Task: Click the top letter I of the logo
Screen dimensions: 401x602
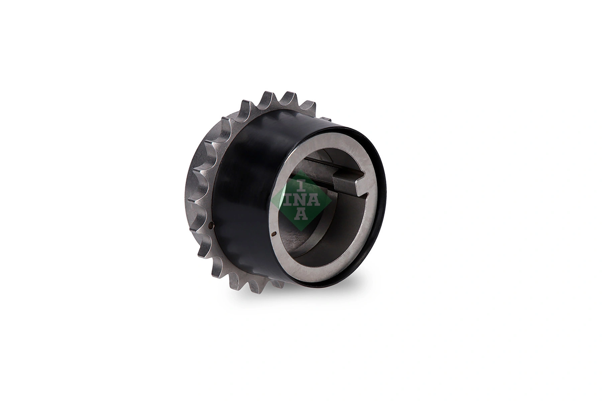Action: click(x=301, y=185)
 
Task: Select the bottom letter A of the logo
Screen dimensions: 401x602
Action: click(x=301, y=214)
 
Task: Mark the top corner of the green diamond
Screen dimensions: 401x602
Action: click(x=301, y=170)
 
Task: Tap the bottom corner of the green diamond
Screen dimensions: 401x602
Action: click(x=301, y=231)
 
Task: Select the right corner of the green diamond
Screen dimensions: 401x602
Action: click(x=331, y=200)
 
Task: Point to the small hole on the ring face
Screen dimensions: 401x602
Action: click(x=274, y=234)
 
